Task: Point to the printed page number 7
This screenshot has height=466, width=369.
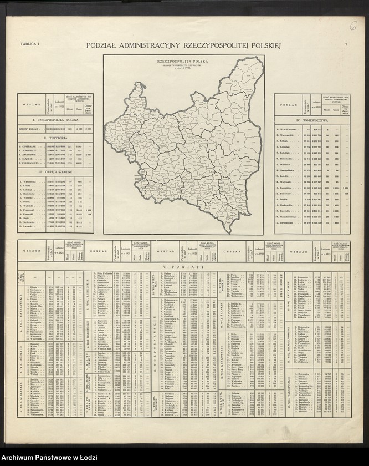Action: tap(346, 44)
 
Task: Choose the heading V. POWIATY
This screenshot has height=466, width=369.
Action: tap(185, 267)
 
